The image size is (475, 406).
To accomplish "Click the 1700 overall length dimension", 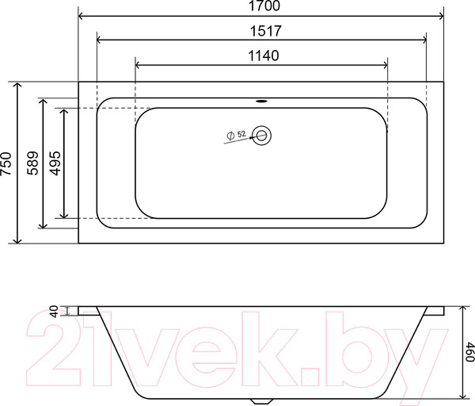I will [x=260, y=6].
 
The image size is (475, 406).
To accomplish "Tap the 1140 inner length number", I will [x=260, y=56].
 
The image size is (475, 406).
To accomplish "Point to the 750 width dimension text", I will [x=6, y=162].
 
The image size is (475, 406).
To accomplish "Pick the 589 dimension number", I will [x=33, y=162].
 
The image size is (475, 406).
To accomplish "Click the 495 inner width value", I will [x=55, y=162].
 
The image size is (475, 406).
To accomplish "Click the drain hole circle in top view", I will [x=262, y=136].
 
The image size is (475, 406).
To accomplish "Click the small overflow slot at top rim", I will [x=261, y=101].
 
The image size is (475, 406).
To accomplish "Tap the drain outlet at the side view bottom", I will [x=261, y=399].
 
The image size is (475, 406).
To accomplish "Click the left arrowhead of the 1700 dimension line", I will [x=82, y=14].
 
